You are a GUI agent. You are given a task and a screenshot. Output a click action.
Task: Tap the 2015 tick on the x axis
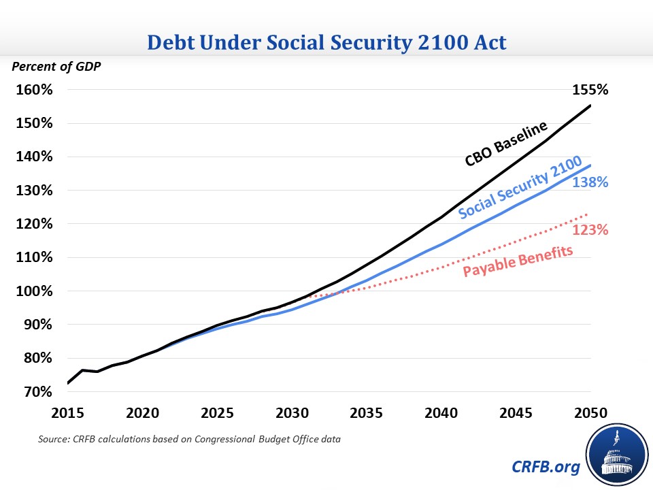point(67,412)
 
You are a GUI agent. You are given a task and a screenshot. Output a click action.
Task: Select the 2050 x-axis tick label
point(590,412)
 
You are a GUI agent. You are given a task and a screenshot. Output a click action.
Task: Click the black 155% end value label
point(590,90)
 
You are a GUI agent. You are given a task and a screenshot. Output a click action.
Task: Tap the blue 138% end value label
point(590,182)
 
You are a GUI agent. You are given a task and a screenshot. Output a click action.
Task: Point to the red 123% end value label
point(590,230)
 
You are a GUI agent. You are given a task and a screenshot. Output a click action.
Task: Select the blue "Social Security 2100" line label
point(520,188)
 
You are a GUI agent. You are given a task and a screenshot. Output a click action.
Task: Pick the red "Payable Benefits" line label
point(518,261)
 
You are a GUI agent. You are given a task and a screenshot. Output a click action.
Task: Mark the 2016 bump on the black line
point(82,370)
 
